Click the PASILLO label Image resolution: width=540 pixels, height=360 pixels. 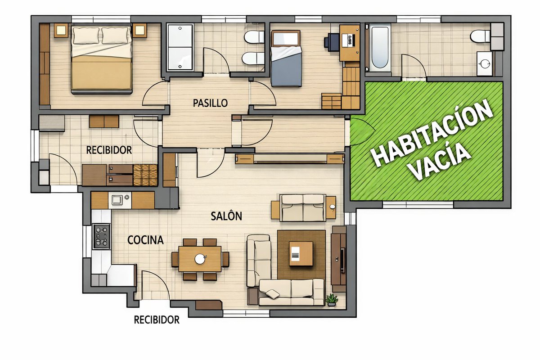pos(210,103)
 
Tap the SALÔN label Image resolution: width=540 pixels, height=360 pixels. pos(226,216)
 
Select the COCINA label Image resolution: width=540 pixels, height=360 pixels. pos(145,240)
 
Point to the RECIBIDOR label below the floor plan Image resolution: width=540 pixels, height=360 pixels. pos(157,320)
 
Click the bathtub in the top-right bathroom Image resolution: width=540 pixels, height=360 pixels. pos(380,48)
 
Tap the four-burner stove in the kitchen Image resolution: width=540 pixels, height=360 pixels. pos(102,236)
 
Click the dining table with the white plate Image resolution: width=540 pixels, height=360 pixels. pos(200,259)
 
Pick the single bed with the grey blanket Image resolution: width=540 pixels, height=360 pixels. pos(286,58)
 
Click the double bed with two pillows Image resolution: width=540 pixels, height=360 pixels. pos(102,59)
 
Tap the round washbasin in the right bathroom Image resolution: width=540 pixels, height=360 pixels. pos(485,63)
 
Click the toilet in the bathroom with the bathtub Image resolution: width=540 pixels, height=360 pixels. pos(480,36)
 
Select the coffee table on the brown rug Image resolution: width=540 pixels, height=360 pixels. pos(301,254)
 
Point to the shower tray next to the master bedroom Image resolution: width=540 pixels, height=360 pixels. pos(180,47)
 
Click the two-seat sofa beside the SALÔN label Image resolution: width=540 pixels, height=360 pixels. pos(303,208)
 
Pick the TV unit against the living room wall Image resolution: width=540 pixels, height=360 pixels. pos(339,259)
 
